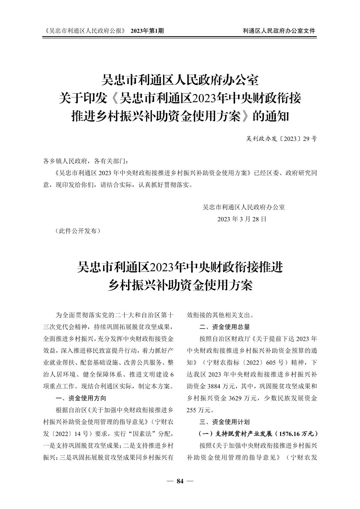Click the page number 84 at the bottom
pyautogui.click(x=180, y=481)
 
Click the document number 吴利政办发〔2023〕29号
pyautogui.click(x=281, y=139)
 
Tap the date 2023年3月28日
pyautogui.click(x=242, y=219)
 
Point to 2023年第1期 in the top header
pyautogui.click(x=147, y=31)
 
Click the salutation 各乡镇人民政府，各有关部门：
pyautogui.click(x=85, y=161)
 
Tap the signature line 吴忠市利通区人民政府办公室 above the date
pyautogui.click(x=244, y=207)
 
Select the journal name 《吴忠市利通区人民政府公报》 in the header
pyautogui.click(x=85, y=31)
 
